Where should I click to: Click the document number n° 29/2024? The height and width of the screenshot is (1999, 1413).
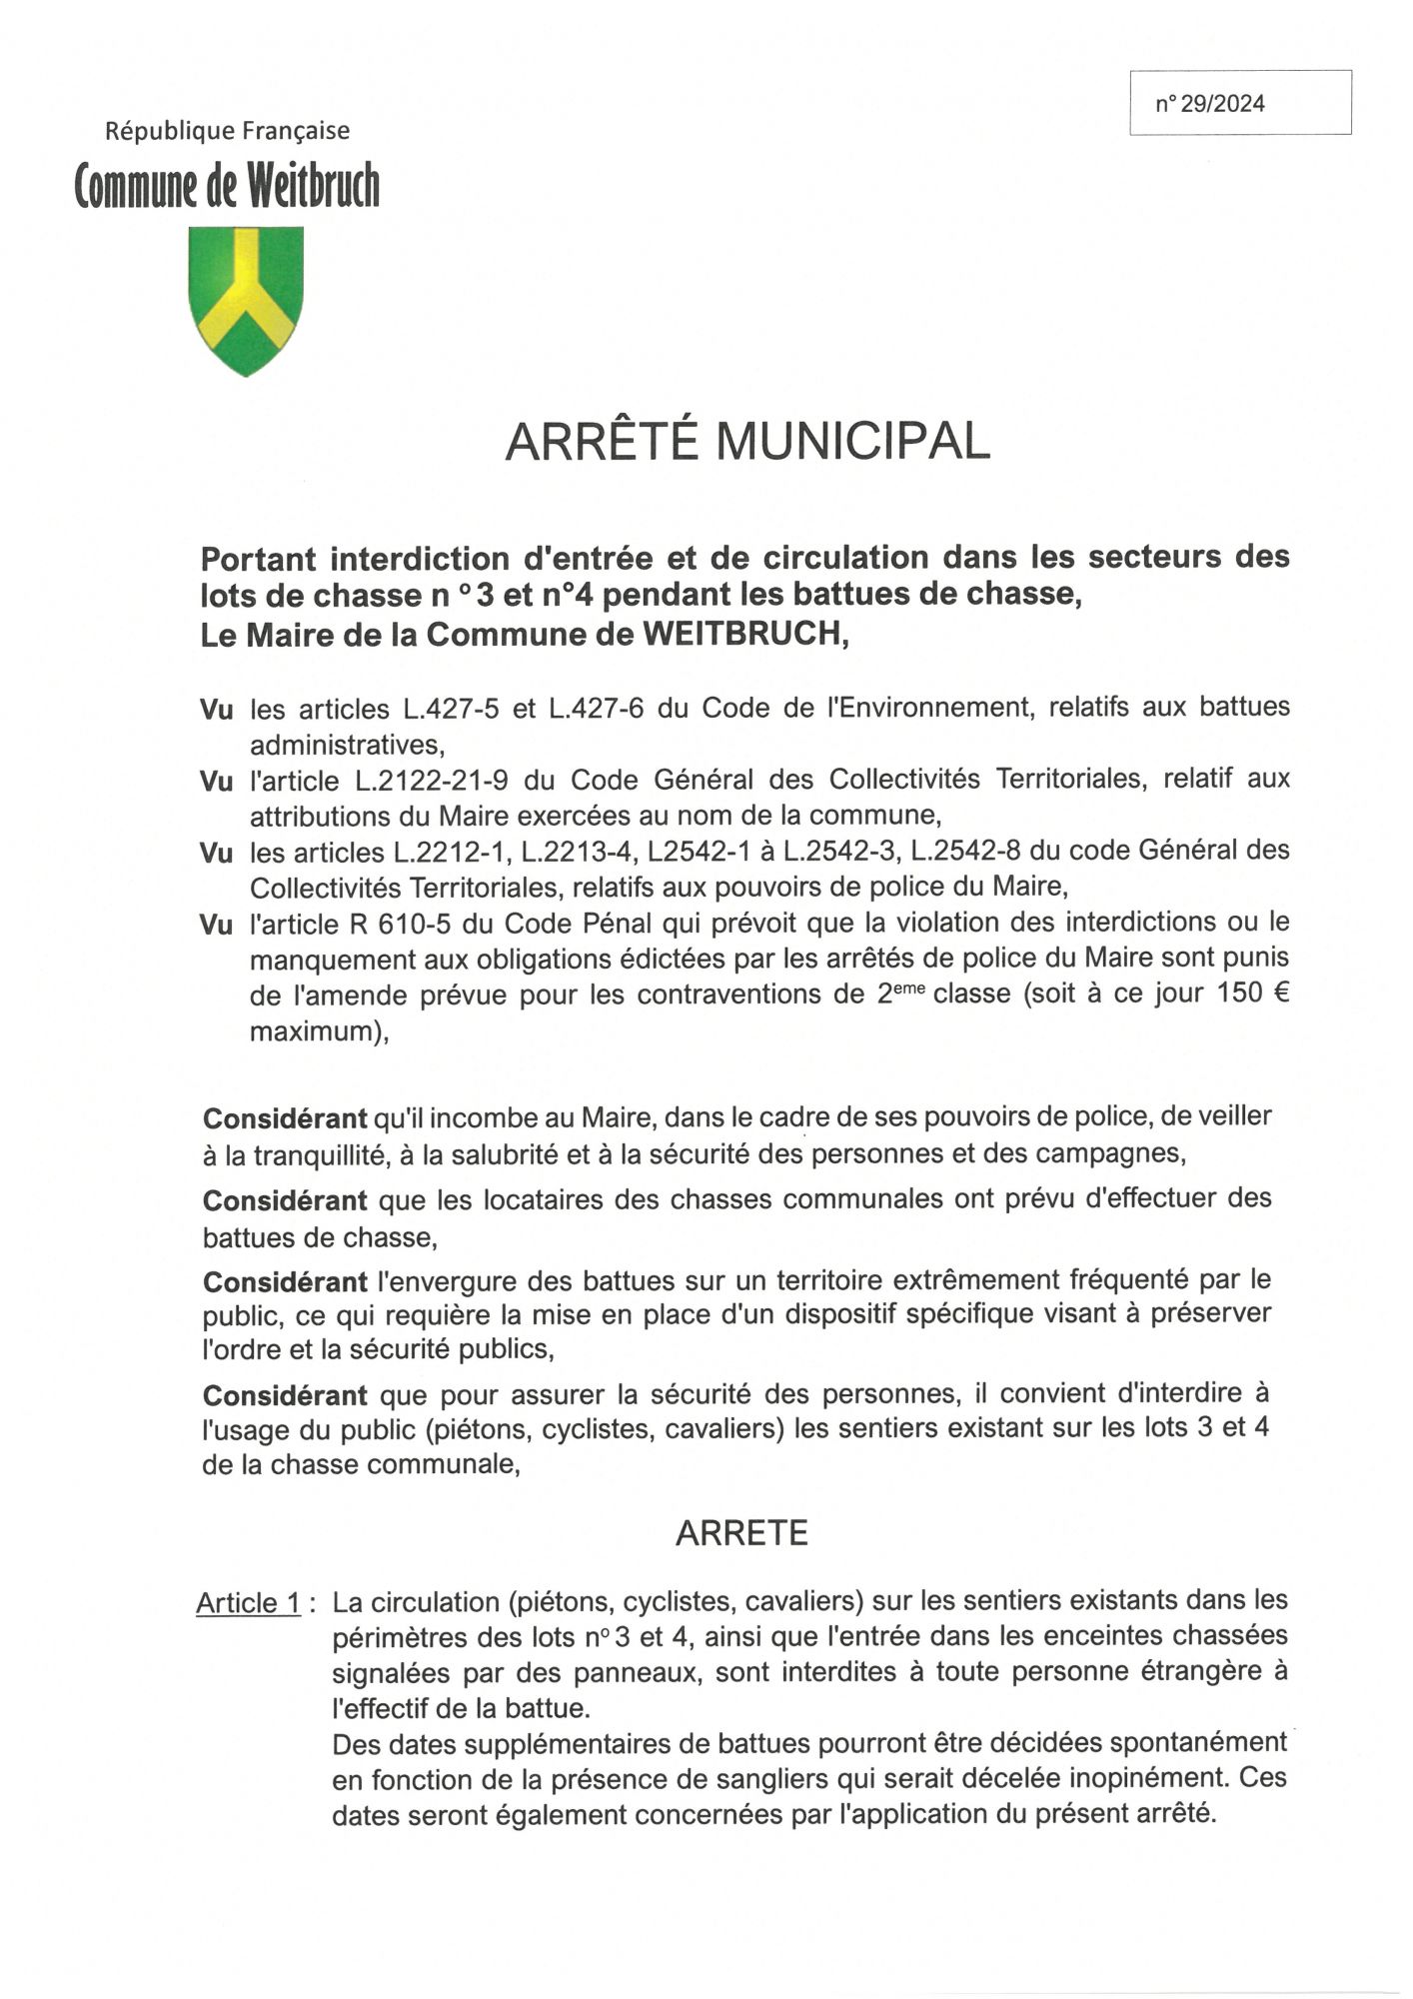click(x=1210, y=104)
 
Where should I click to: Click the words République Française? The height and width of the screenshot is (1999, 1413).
click(x=228, y=131)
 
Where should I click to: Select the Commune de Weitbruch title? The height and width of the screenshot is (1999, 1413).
click(x=228, y=186)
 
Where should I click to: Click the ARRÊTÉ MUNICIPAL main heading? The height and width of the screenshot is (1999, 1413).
click(x=747, y=441)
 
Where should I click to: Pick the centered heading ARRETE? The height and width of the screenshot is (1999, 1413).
click(x=741, y=1533)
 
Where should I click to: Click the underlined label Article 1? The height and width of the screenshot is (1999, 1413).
click(x=249, y=1603)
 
